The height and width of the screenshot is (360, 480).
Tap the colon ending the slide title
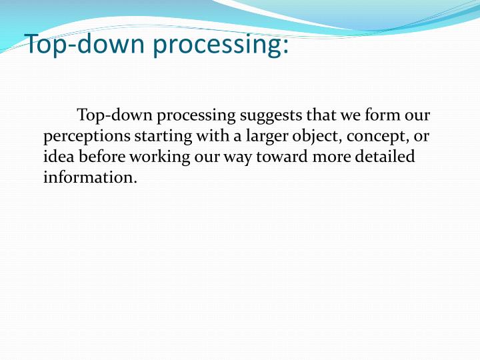coord(285,47)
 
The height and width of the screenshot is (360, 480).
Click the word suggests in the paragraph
coord(271,116)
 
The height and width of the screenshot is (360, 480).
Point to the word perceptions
coord(87,137)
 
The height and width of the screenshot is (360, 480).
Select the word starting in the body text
coord(163,137)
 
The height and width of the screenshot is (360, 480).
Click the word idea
coord(59,157)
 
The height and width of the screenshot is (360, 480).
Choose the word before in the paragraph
coord(102,157)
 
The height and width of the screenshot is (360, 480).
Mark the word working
coord(160,157)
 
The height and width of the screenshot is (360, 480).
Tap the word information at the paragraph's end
coord(90,177)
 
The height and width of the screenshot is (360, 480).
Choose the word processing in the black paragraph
coord(196,117)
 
